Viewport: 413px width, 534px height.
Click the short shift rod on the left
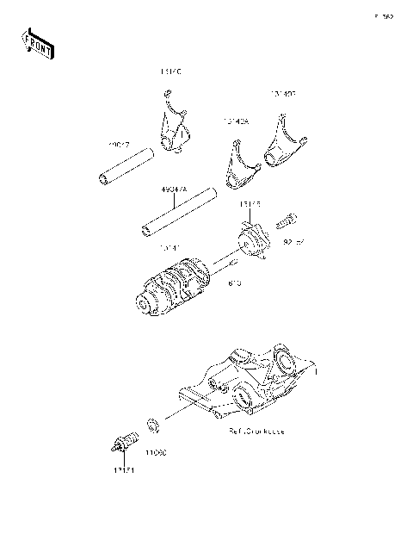pos(126,166)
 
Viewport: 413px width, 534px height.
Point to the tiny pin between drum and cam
pos(232,264)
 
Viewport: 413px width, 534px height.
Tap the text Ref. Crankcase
pos(256,429)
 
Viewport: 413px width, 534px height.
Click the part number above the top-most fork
pos(171,71)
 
